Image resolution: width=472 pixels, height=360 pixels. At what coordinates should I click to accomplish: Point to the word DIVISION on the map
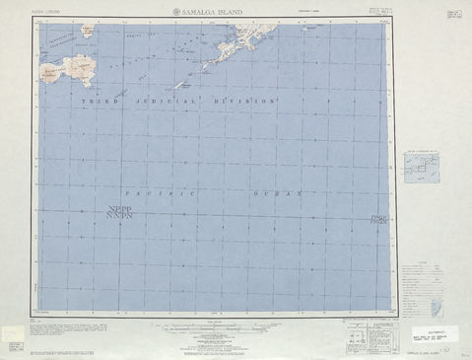click(243, 103)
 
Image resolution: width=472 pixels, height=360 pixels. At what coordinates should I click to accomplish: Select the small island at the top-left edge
click(89, 31)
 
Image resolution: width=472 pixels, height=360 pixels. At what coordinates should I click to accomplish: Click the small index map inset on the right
click(426, 167)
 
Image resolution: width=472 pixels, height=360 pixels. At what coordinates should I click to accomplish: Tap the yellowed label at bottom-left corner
click(15, 345)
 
